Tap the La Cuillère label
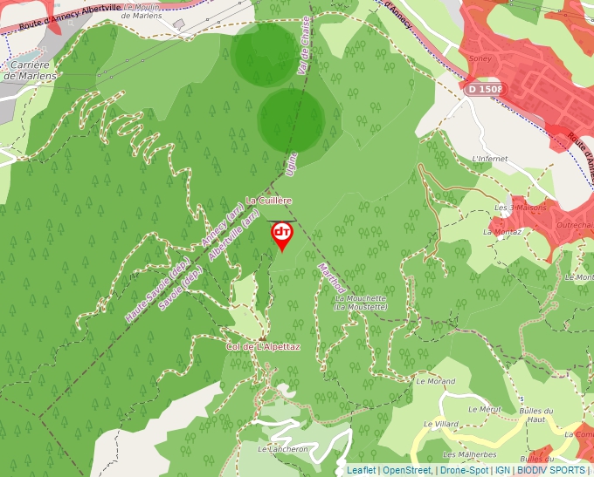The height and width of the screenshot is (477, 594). coord(273,200)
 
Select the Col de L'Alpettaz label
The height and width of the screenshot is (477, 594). coord(263,347)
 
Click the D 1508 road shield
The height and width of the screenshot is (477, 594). coord(485,89)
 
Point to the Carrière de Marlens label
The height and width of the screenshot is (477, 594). coord(29,71)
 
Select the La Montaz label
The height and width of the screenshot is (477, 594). coord(501,231)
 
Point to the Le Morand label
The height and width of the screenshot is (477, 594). coord(435,381)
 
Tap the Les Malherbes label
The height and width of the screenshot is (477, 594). coord(469,454)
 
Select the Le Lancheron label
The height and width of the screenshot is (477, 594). coord(283,449)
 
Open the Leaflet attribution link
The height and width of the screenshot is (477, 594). coord(361,470)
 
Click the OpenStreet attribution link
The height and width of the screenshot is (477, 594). coord(407,470)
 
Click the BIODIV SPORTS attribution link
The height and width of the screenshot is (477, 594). coord(551,470)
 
